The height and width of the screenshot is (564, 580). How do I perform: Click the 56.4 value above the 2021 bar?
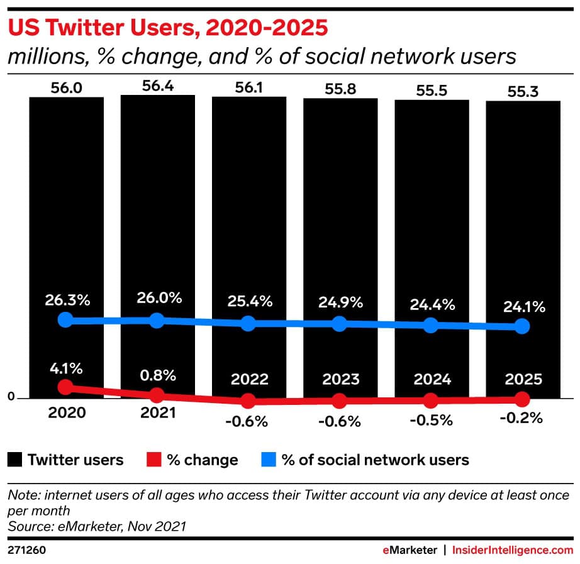[157, 86]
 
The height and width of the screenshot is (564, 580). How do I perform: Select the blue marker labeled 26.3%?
[65, 320]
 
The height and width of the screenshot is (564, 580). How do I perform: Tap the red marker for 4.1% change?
[65, 387]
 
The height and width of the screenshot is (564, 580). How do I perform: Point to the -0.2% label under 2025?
[521, 418]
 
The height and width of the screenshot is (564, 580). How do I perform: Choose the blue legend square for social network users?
[268, 460]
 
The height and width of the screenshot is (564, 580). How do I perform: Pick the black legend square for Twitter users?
[15, 460]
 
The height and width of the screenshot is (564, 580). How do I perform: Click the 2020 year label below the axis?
[65, 413]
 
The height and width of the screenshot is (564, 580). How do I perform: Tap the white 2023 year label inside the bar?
[340, 379]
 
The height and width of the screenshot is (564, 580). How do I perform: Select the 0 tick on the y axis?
[10, 397]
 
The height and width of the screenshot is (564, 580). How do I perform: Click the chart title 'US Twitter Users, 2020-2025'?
[167, 29]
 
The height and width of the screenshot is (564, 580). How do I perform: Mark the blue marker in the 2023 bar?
[340, 324]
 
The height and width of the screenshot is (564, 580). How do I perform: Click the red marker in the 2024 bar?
[430, 400]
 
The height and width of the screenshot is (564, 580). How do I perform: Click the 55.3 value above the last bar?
[521, 92]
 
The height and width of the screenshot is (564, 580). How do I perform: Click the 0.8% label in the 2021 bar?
[157, 375]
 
